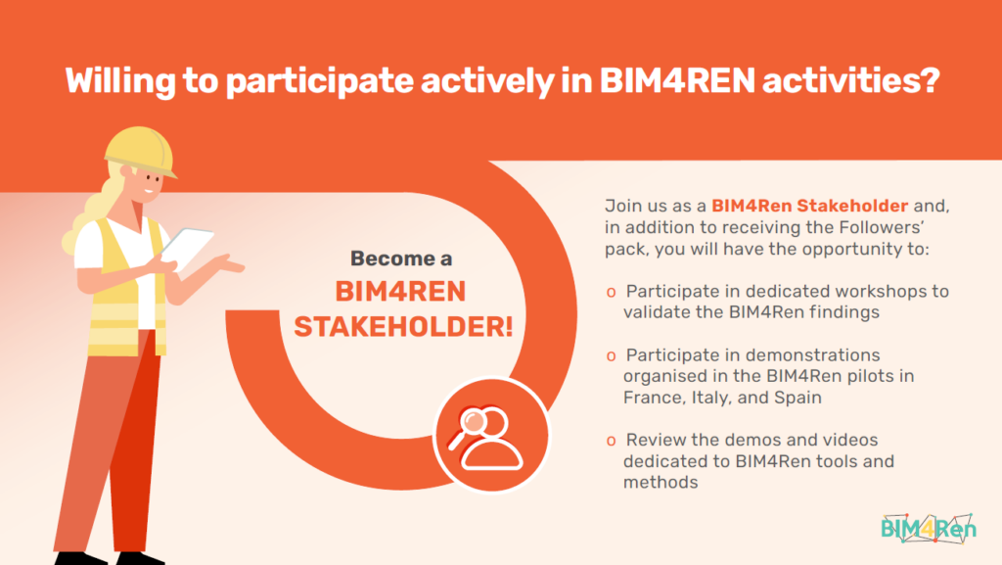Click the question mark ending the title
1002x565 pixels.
pos(929,80)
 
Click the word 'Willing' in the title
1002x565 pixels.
pos(120,81)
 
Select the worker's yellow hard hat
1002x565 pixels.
pos(141,151)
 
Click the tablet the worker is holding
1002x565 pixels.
pos(187,248)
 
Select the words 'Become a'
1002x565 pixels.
pos(401,259)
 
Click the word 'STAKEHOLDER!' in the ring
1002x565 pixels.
pos(403,327)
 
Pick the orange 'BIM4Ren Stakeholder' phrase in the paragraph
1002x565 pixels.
pos(809,206)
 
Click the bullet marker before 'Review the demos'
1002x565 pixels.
pos(611,441)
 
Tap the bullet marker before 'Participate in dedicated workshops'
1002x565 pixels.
pos(611,293)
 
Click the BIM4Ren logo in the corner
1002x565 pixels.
pos(929,528)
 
